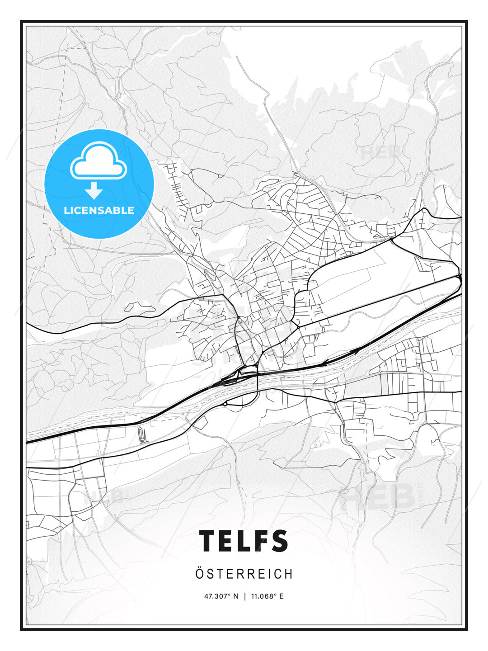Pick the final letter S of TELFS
click(280, 541)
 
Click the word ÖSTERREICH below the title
click(244, 574)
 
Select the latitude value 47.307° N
click(221, 596)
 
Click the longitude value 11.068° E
click(267, 596)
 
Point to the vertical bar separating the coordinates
click(244, 596)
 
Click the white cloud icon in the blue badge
click(99, 161)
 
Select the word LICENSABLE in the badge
click(99, 210)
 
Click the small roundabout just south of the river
click(225, 403)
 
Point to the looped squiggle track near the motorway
click(142, 435)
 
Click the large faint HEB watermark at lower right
click(378, 496)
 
